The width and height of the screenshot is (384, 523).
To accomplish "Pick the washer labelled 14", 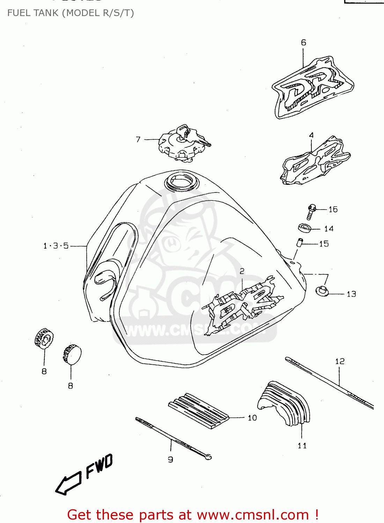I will [x=304, y=228].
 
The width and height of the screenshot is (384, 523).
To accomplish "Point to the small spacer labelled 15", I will [x=300, y=242].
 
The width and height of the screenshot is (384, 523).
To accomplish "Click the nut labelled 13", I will [x=322, y=291].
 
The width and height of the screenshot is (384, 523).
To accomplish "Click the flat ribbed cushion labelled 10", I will [x=198, y=410].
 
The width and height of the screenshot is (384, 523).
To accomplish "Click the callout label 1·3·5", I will [x=56, y=246].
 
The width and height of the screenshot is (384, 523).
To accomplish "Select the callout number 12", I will [x=340, y=361].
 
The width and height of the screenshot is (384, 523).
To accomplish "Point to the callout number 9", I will [x=170, y=460].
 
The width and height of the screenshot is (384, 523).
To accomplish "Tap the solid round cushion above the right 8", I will [x=72, y=354].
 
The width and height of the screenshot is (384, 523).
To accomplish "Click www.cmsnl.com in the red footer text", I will [x=253, y=515].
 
